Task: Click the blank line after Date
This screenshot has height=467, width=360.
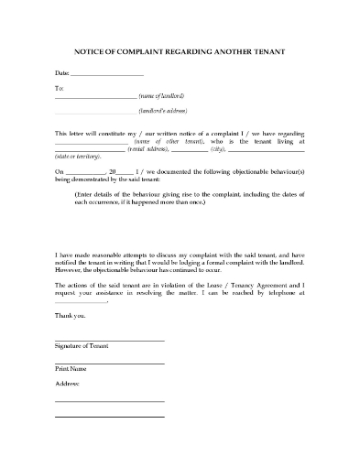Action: point(107,73)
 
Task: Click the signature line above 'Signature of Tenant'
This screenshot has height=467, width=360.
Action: point(110,341)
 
